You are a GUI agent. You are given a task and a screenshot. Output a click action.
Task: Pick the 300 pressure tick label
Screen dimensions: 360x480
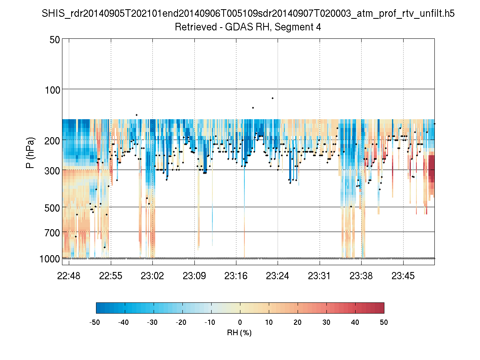(x=52, y=170)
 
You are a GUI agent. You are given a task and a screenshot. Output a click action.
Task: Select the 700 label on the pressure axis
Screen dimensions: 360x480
(x=52, y=232)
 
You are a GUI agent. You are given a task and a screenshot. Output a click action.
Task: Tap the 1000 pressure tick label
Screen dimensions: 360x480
(x=50, y=259)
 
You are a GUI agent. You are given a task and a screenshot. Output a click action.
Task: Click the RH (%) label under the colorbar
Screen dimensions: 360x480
(x=240, y=333)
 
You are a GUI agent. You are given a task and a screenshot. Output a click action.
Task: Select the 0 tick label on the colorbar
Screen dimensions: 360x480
(x=240, y=322)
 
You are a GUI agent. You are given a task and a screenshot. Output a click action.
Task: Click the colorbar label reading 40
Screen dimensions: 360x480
(x=355, y=322)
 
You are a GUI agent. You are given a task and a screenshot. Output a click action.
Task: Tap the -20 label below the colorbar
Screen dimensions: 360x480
(x=182, y=322)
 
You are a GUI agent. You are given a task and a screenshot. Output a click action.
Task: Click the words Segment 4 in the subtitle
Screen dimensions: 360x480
(x=298, y=27)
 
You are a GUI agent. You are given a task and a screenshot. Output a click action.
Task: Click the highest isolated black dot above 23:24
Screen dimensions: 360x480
(x=272, y=98)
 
